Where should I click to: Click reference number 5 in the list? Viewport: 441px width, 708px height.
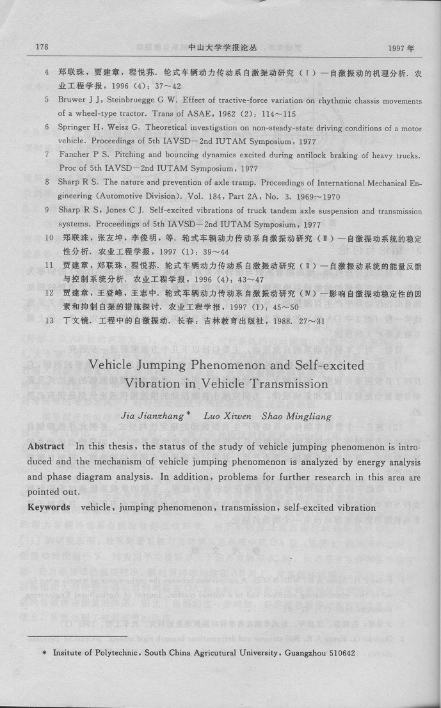[47, 100]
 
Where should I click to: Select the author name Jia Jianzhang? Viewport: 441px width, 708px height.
[164, 416]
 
